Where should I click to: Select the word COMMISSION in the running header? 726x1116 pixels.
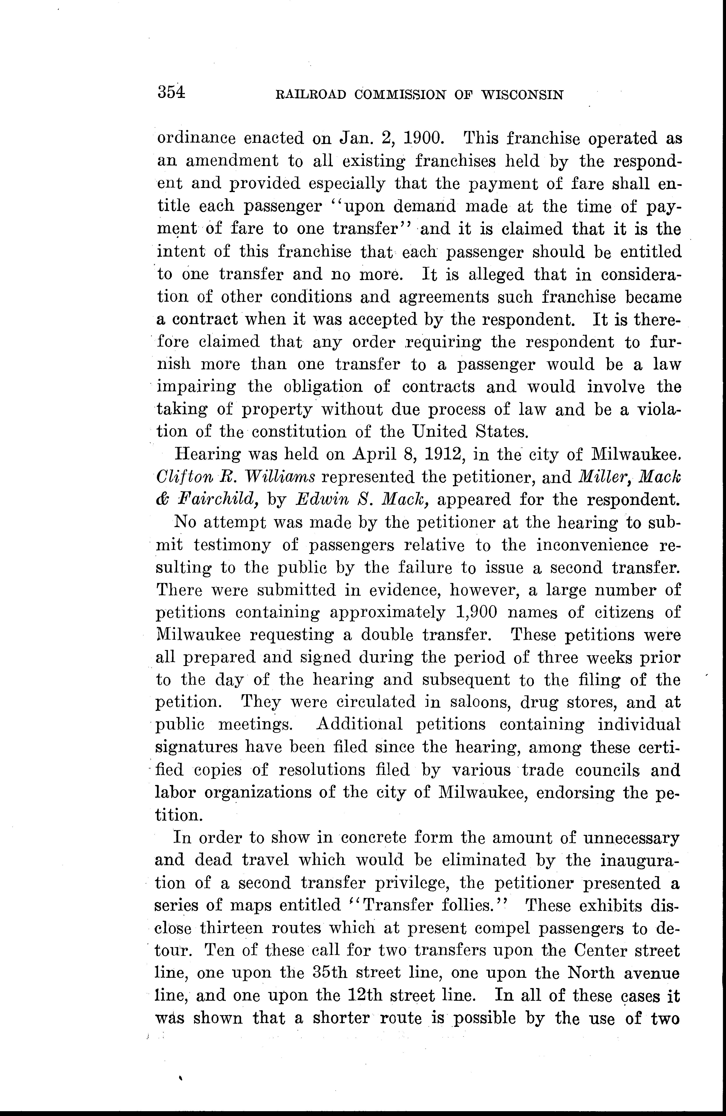(x=400, y=95)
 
